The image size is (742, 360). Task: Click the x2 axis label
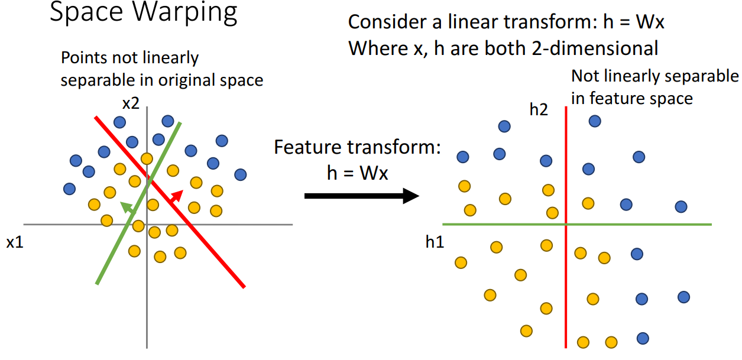tap(131, 103)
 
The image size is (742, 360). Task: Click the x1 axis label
tap(15, 242)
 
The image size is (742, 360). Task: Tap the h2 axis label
tap(539, 110)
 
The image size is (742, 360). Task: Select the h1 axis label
tap(435, 241)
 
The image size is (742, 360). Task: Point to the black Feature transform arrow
tap(361, 196)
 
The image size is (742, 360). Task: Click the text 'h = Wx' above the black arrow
tap(357, 174)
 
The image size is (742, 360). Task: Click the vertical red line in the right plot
tap(566, 284)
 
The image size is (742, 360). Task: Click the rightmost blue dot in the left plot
tap(240, 174)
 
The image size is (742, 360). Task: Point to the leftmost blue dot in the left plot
tap(69, 189)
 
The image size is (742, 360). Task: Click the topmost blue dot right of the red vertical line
tap(595, 121)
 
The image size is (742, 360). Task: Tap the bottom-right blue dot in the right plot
tap(643, 339)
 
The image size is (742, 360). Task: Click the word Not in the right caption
tap(585, 76)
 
